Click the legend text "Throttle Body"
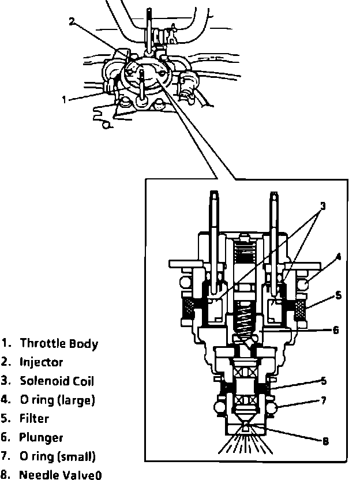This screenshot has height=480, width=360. pyautogui.click(x=59, y=344)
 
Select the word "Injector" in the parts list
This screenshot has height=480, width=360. pyautogui.click(x=42, y=363)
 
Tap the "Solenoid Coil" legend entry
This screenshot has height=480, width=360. pyautogui.click(x=57, y=381)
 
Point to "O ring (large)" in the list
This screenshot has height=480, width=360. pyautogui.click(x=57, y=400)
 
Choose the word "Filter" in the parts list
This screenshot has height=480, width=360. pyautogui.click(x=34, y=419)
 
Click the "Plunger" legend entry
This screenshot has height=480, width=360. pyautogui.click(x=42, y=438)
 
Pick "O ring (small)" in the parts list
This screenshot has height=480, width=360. pyautogui.click(x=57, y=457)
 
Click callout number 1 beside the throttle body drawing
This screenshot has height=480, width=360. pyautogui.click(x=65, y=99)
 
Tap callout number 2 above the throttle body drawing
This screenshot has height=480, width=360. pyautogui.click(x=72, y=22)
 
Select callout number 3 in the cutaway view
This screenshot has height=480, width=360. pyautogui.click(x=323, y=206)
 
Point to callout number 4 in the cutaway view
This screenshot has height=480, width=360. pyautogui.click(x=339, y=257)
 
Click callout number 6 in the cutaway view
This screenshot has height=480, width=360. pyautogui.click(x=336, y=331)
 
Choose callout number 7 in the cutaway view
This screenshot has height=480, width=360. pyautogui.click(x=324, y=400)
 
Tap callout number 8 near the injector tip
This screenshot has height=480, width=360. pyautogui.click(x=326, y=441)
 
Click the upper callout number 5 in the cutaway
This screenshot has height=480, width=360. pyautogui.click(x=338, y=295)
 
